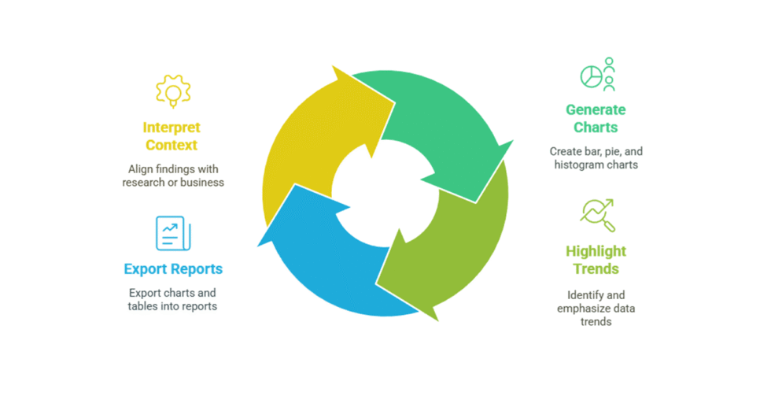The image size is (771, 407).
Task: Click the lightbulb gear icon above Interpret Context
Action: (x=173, y=91)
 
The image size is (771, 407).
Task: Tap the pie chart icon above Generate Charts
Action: (x=597, y=75)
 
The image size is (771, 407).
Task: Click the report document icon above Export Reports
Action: (x=172, y=233)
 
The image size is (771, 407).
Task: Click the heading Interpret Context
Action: (x=172, y=136)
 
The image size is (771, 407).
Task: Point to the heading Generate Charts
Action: (x=596, y=118)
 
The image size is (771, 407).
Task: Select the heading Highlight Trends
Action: (x=596, y=260)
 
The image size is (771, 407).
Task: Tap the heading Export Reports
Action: (x=173, y=269)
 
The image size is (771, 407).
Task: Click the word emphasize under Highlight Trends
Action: (x=583, y=309)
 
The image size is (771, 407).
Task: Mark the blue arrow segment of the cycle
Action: (x=330, y=260)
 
